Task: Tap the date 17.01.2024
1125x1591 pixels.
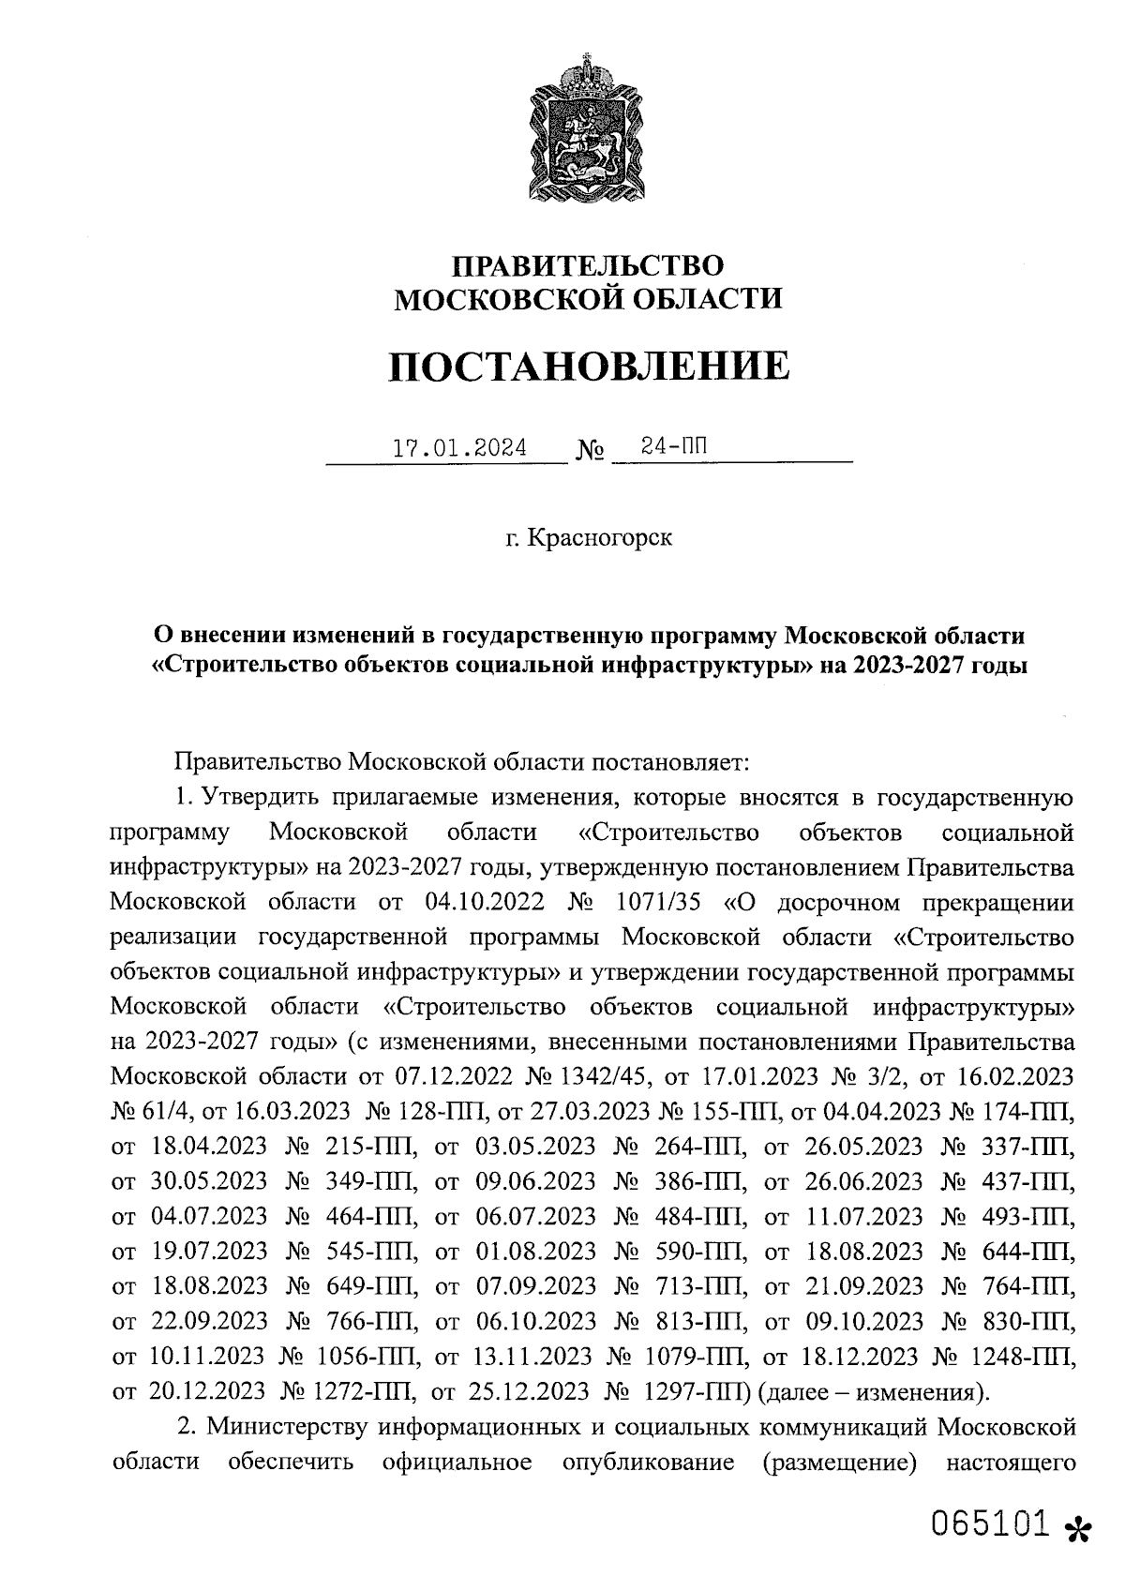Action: [x=459, y=448]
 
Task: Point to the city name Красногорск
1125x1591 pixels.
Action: [x=600, y=539]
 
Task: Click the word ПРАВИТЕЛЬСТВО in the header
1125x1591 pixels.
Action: [x=589, y=265]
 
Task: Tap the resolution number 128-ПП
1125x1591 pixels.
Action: [x=441, y=1111]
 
